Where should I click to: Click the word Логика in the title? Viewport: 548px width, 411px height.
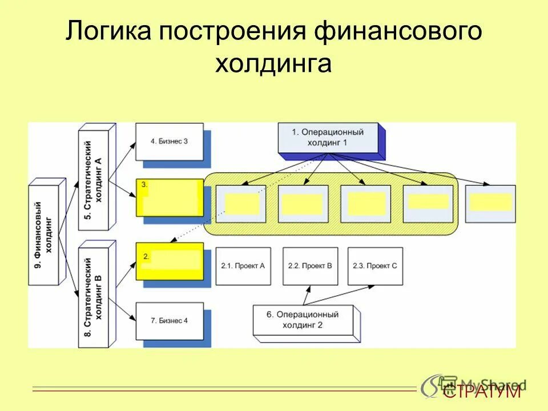108,32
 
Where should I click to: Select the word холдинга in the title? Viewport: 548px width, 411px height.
273,63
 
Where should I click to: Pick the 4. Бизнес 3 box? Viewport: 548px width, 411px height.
170,142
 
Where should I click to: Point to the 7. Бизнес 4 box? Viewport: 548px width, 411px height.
170,320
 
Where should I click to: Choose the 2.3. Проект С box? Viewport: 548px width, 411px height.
374,266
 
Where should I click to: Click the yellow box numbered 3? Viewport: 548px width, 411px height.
170,198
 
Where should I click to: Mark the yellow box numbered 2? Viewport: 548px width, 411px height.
170,261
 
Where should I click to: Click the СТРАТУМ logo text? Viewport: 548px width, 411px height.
482,392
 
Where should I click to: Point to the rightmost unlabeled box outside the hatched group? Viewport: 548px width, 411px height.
490,203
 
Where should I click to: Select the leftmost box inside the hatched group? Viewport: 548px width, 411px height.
240,203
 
